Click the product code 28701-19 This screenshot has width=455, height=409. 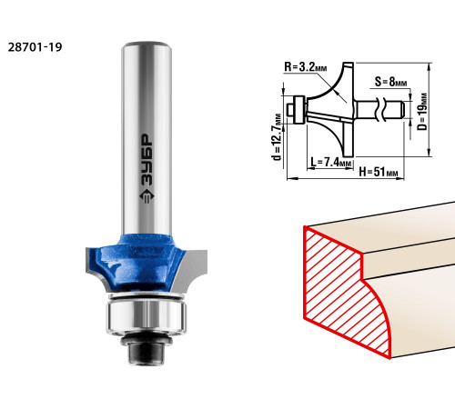point(35,47)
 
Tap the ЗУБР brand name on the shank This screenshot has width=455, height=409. point(147,160)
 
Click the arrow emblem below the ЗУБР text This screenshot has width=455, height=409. point(147,196)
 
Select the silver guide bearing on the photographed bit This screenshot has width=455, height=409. point(147,315)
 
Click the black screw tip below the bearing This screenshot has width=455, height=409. point(147,353)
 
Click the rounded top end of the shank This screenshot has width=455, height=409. point(147,45)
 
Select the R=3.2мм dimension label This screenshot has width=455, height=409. point(306,66)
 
